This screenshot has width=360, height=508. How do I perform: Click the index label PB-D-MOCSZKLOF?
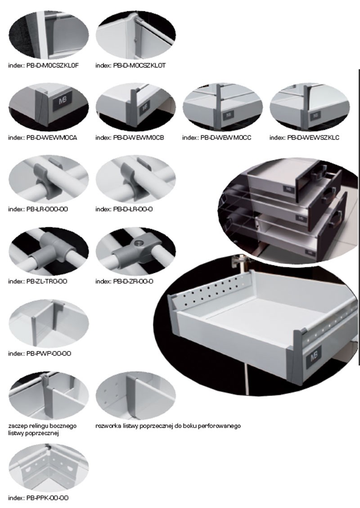pos(44,65)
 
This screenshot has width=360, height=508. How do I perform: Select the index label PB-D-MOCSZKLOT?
pos(130,65)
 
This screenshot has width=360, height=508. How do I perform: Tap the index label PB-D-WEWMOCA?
pos(42,138)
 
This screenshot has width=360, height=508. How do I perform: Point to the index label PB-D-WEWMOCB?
pos(130,138)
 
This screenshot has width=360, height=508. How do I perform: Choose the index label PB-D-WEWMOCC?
pos(216,138)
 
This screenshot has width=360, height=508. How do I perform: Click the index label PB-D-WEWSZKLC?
pos(304,138)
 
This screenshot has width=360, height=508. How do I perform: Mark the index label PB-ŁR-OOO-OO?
pos(38,209)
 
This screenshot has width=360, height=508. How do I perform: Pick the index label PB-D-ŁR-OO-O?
pos(124,209)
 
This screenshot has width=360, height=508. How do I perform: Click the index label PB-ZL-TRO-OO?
pos(38,281)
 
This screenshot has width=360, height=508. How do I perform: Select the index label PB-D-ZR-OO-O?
pos(125,281)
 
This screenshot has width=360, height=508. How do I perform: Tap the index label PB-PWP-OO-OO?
pos(40,353)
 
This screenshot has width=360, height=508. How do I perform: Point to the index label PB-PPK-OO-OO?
pos(38,498)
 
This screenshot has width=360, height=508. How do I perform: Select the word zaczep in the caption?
pos(17,425)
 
